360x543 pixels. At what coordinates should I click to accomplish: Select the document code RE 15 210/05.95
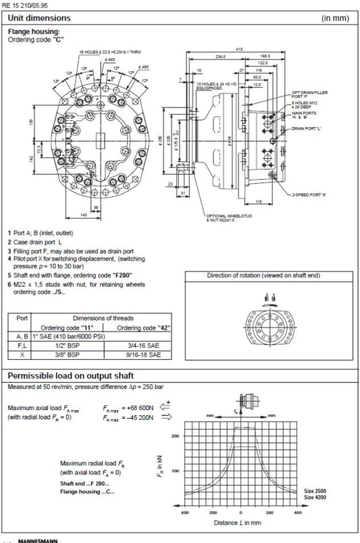26,4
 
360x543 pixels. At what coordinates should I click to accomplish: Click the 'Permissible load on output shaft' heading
70,375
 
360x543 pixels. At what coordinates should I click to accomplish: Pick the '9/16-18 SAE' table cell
145,353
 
